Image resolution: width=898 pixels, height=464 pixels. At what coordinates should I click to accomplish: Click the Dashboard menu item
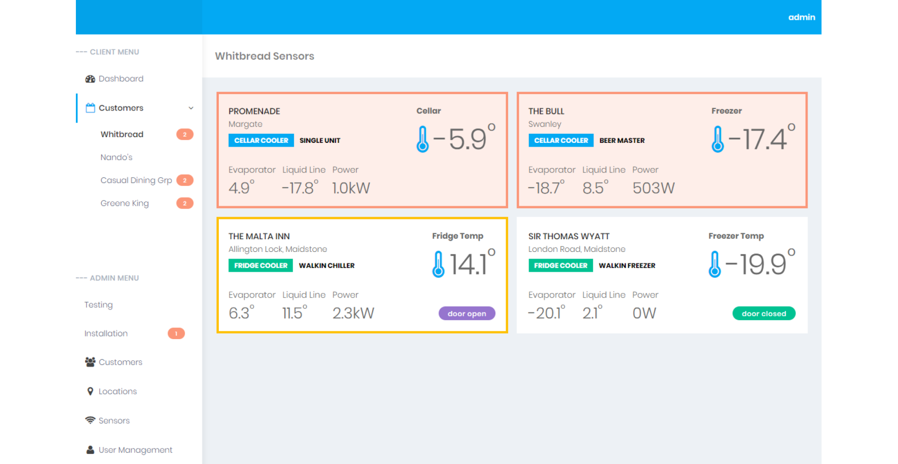click(x=121, y=79)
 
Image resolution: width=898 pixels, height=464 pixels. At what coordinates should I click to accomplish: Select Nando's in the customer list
click(x=116, y=157)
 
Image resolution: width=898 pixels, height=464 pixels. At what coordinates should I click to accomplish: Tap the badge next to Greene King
click(x=185, y=203)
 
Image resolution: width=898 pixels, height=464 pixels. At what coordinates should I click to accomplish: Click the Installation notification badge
click(x=176, y=334)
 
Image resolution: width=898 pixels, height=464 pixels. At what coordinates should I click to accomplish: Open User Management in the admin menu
click(x=135, y=450)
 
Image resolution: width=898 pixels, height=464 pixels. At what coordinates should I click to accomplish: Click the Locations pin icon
click(x=90, y=391)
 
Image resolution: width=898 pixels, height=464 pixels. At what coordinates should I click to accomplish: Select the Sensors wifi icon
click(x=90, y=420)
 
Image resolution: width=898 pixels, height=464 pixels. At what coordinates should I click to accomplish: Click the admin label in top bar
click(x=802, y=17)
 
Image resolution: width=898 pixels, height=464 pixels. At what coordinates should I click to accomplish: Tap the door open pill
click(x=467, y=314)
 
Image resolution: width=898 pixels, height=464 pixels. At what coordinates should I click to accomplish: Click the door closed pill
click(x=763, y=314)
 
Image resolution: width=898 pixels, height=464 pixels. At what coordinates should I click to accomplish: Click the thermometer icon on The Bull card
click(x=717, y=139)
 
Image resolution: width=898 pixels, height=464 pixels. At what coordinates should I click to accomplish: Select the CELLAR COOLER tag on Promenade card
click(x=261, y=141)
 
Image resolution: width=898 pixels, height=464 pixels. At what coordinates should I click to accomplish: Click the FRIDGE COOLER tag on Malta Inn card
click(x=260, y=266)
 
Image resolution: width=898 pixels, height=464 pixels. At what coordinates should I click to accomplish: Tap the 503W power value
click(x=653, y=188)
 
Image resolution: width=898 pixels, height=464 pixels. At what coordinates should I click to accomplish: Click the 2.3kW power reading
click(x=353, y=313)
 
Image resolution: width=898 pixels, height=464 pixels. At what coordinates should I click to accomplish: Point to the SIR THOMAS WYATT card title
click(x=569, y=237)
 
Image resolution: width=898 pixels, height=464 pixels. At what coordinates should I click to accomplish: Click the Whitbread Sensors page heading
click(x=264, y=56)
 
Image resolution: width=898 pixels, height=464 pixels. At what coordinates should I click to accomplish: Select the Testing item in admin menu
click(x=99, y=305)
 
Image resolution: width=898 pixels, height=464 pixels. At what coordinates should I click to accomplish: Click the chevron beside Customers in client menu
click(x=191, y=108)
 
